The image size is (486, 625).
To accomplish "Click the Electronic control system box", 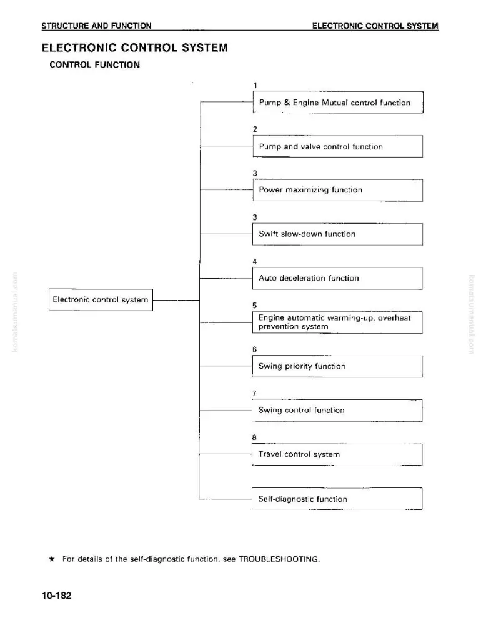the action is click(101, 300).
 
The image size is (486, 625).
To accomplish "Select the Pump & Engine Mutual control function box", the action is click(338, 102).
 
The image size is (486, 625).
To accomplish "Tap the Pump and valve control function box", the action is click(338, 146).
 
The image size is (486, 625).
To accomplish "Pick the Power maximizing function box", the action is click(338, 190).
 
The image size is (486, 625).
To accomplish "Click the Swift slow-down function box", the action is click(337, 234).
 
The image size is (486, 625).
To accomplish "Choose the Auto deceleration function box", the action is click(337, 278).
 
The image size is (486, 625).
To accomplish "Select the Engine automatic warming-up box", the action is click(337, 322).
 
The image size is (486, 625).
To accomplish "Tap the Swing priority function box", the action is click(337, 366).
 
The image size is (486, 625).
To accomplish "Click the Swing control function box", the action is click(337, 411).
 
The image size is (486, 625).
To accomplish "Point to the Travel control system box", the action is click(337, 455).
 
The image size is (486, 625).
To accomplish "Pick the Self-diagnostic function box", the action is click(337, 499).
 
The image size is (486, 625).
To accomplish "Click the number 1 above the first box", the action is click(255, 85).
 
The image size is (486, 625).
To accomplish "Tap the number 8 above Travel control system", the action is click(254, 437).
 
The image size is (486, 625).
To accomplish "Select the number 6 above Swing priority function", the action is click(254, 349).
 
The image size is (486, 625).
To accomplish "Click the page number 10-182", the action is click(57, 596).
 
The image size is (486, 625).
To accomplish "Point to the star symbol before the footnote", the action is click(52, 559).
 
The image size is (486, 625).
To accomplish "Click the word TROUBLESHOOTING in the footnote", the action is click(279, 559).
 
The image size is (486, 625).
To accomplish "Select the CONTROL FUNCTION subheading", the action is click(95, 64).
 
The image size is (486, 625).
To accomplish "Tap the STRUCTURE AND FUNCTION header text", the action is click(96, 26).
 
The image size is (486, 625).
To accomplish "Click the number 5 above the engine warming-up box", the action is click(254, 306).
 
